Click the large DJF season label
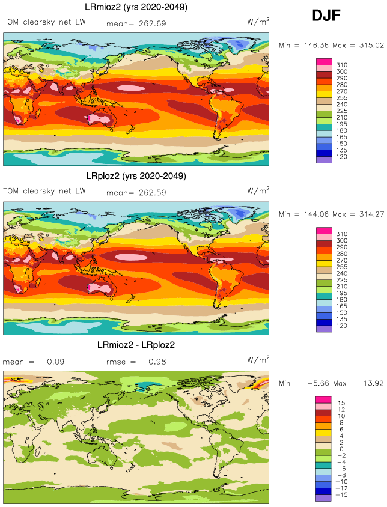[326, 16]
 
